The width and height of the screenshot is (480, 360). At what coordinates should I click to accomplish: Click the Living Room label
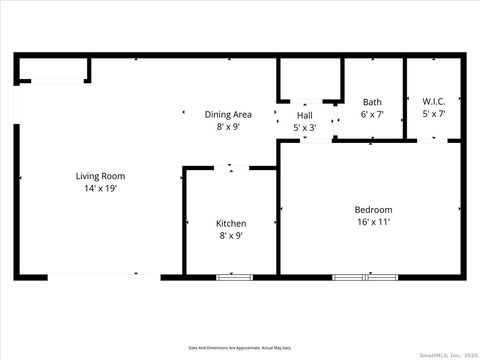pos(100,176)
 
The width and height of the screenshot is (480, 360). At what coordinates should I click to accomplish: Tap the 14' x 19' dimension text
pos(100,189)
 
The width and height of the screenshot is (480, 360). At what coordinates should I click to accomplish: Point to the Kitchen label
pos(231,223)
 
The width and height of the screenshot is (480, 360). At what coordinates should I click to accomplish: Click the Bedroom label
pos(372,209)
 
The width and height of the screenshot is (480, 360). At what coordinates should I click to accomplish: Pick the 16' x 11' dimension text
pos(372,222)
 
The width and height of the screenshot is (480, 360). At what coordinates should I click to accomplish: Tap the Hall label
pos(304,115)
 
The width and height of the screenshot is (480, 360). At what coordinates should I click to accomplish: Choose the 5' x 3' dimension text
pos(304,127)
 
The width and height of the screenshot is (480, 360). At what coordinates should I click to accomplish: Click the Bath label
pos(372,102)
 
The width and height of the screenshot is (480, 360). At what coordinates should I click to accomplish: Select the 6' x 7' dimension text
pos(372,114)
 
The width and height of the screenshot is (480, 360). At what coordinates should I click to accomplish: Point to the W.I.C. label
pos(434,102)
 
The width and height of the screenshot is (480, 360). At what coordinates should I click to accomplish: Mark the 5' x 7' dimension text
pos(434,114)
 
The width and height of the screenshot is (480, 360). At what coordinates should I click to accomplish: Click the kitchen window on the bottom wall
pos(235,275)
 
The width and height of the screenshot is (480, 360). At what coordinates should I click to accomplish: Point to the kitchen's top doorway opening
pos(231,168)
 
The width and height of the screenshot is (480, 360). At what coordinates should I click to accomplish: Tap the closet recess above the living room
pos(52,70)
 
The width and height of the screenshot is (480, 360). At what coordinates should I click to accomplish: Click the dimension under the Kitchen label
pos(231,236)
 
